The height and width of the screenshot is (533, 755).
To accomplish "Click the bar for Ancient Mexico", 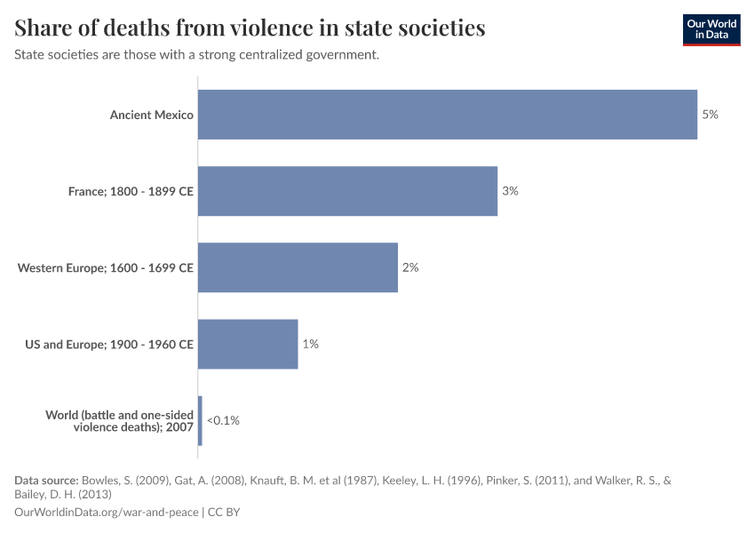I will point(447,115).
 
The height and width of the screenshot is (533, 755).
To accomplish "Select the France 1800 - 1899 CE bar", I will point(347,191).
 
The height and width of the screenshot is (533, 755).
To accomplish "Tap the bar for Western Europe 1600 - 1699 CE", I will point(298,267).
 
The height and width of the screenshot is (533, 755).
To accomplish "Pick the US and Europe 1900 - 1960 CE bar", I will point(248,344).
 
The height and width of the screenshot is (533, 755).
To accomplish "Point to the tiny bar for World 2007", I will point(200,420).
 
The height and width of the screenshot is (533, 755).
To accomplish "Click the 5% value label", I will point(710,115).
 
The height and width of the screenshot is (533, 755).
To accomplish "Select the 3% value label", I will point(510,191).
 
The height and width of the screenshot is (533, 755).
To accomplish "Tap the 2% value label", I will point(409,267).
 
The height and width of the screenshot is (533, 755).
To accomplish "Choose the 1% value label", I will point(310,344).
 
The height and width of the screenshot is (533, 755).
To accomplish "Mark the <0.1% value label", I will point(223,420).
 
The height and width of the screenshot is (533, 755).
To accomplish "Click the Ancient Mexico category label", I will point(151,115).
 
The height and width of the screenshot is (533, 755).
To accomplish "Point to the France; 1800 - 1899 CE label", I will point(131,191).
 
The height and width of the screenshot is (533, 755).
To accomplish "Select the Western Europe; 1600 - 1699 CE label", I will point(106,267).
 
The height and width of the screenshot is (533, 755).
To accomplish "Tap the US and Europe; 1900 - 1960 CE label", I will point(109,344).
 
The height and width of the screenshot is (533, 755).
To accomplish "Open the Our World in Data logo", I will point(711,29).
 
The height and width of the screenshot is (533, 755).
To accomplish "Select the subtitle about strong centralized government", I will point(197,54).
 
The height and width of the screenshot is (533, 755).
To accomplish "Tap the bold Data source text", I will point(46,481).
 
